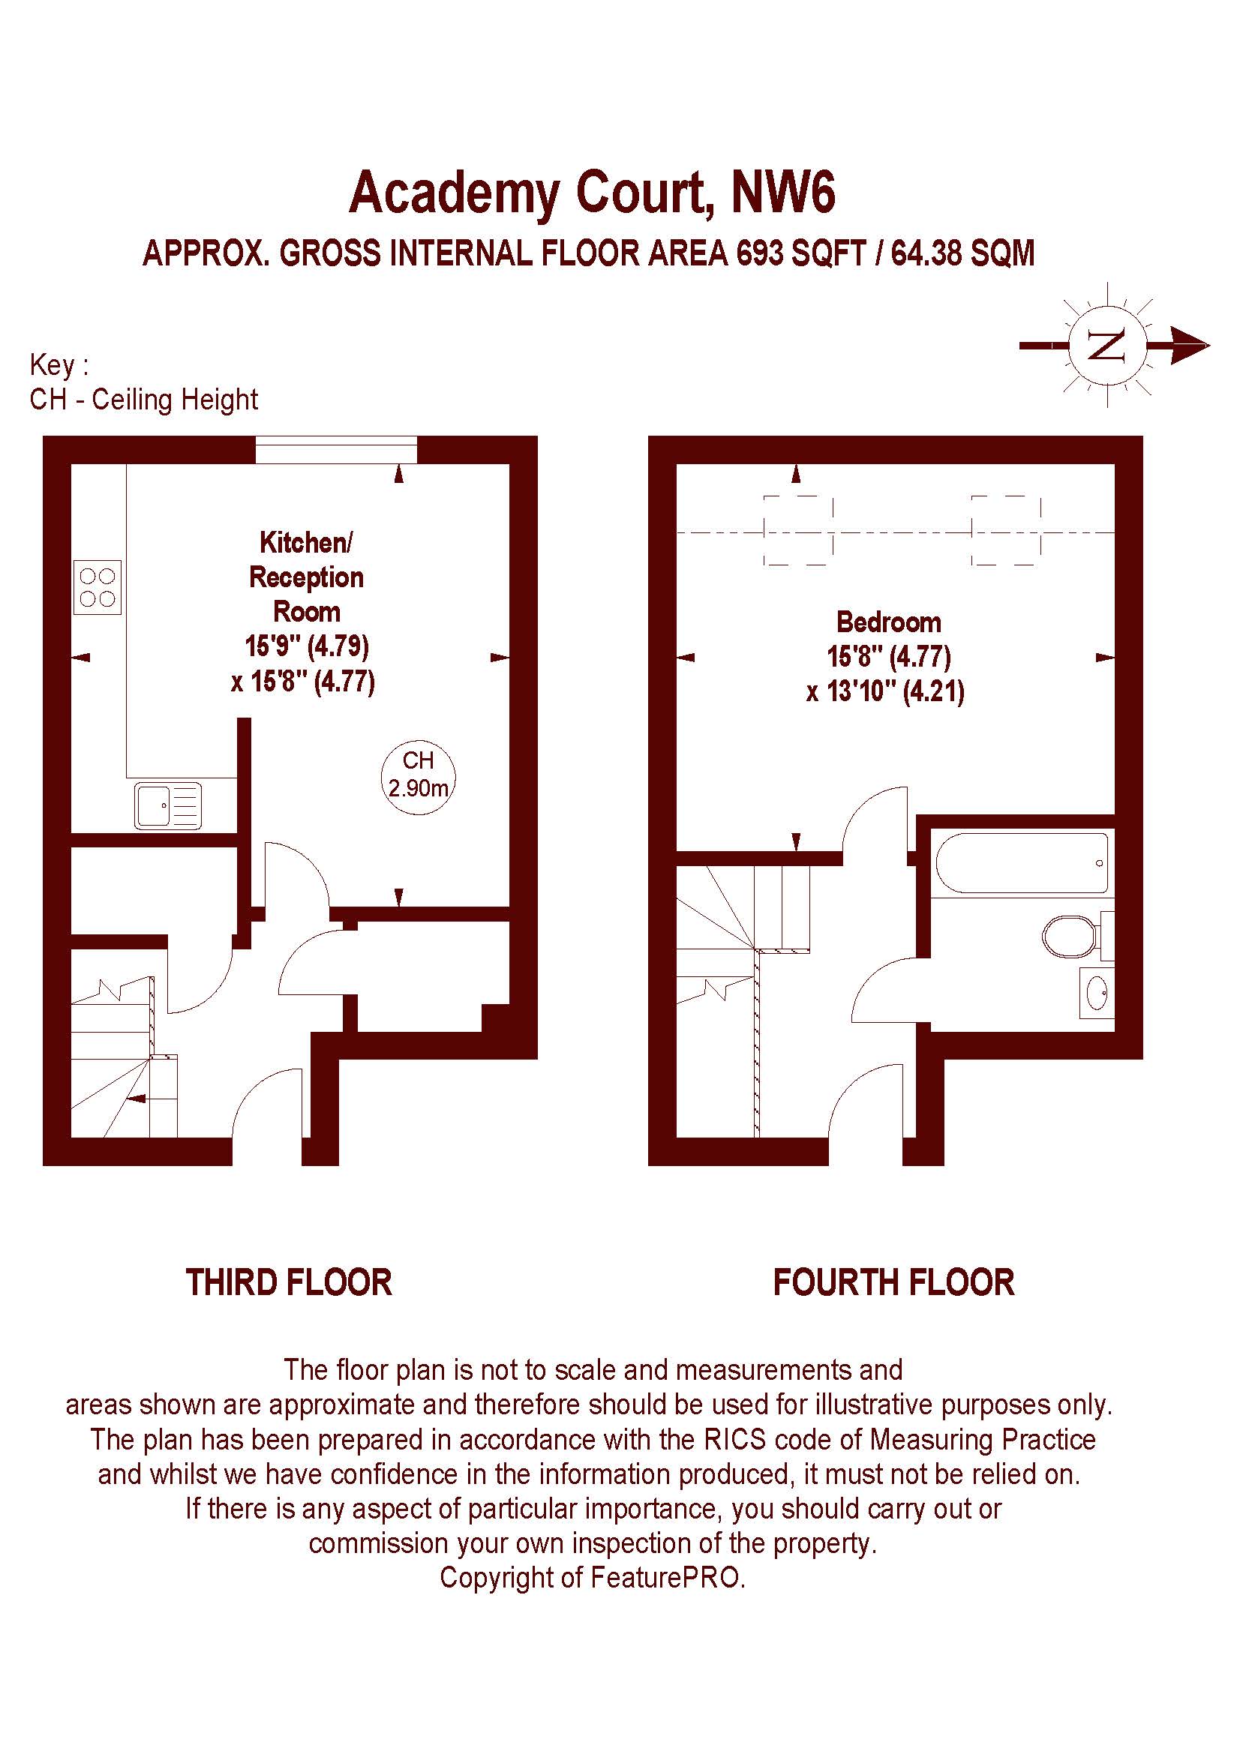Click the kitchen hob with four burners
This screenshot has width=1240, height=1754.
97,587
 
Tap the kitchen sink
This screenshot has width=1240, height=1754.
168,806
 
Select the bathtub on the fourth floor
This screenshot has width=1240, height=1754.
1022,862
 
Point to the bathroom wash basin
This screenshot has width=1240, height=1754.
1097,992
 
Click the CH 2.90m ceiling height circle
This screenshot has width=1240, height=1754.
418,776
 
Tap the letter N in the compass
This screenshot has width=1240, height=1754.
1107,346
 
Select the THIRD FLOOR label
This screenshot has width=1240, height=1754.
289,1282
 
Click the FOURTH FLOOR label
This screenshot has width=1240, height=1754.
894,1282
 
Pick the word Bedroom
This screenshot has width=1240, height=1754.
888,622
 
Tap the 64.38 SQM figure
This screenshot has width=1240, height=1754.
962,253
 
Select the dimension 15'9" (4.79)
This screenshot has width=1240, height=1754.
306,646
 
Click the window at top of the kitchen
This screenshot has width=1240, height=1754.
336,450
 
